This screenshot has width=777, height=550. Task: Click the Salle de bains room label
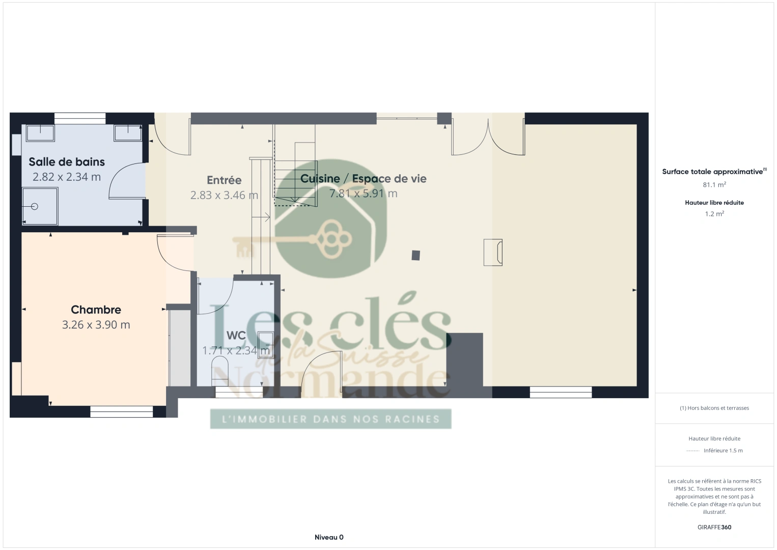[67, 162]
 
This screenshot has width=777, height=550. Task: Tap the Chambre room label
[96, 310]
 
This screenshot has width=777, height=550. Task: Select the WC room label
[236, 335]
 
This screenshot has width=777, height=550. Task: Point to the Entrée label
[224, 180]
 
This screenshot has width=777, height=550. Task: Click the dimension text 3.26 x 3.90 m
[96, 325]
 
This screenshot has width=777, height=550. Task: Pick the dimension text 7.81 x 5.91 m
[363, 194]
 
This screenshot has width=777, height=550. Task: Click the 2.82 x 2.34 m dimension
[67, 177]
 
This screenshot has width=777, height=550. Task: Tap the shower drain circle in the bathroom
[34, 206]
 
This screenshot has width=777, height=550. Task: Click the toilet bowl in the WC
[219, 371]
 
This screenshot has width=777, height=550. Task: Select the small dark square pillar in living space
[415, 256]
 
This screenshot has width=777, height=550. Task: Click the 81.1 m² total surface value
[714, 184]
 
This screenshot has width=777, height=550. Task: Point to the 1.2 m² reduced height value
[714, 214]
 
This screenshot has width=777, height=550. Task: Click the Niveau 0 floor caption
[329, 537]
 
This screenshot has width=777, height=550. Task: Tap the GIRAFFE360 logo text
[714, 527]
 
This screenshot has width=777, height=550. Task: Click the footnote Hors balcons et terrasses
[714, 408]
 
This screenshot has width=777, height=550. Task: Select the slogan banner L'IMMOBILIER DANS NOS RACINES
[330, 419]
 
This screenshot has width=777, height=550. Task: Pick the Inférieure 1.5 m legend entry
[723, 450]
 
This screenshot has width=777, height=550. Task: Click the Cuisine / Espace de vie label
[363, 178]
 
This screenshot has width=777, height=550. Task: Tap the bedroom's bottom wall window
[121, 411]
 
